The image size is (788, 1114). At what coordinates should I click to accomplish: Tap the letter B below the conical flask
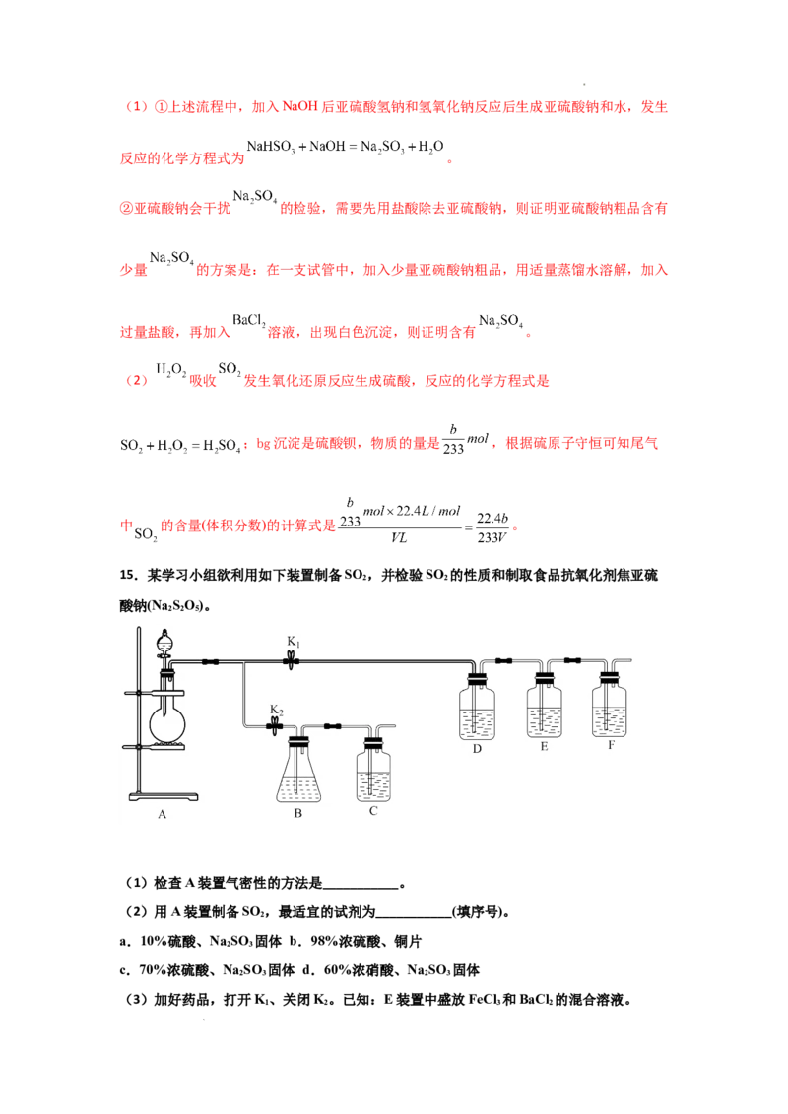pyautogui.click(x=297, y=814)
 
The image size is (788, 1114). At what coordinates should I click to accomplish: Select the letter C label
pyautogui.click(x=373, y=811)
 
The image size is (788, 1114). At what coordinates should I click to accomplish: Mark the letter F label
pyautogui.click(x=611, y=746)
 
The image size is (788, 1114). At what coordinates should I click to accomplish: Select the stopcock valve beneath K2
pyautogui.click(x=277, y=727)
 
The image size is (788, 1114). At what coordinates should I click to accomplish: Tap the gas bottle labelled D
pyautogui.click(x=478, y=711)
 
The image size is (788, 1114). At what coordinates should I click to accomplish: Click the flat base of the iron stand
pyautogui.click(x=164, y=794)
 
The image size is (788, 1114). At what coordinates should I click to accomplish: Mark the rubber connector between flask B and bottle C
pyautogui.click(x=333, y=727)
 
